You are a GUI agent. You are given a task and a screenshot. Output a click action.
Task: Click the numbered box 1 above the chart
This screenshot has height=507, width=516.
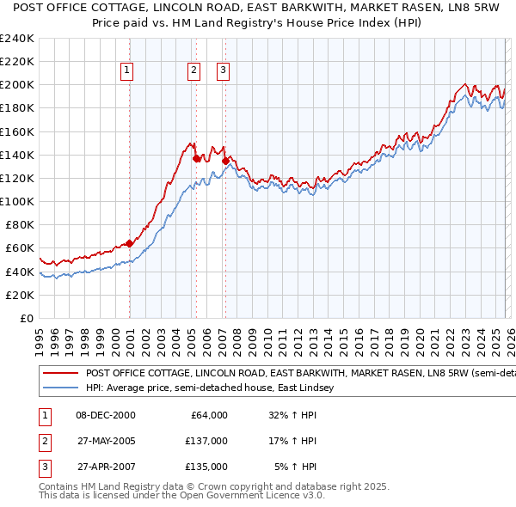[x=127, y=70]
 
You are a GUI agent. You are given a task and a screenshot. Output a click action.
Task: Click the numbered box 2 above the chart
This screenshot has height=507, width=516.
[x=194, y=70]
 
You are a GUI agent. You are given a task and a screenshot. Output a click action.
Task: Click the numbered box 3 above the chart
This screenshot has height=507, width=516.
[x=223, y=70]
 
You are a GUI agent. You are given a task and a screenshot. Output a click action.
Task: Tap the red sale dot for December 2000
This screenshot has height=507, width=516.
[x=129, y=243]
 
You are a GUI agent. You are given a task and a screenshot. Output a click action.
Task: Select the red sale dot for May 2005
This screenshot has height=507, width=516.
[x=197, y=158]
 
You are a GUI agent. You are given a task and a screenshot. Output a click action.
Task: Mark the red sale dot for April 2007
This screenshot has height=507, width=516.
[x=225, y=161]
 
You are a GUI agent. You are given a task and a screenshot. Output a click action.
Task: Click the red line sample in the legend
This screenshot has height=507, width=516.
[x=61, y=374]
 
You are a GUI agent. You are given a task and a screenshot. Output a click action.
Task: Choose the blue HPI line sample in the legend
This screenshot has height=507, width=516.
[x=61, y=388]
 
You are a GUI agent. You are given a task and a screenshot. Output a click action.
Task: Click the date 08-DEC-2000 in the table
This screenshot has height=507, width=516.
[x=106, y=415]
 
